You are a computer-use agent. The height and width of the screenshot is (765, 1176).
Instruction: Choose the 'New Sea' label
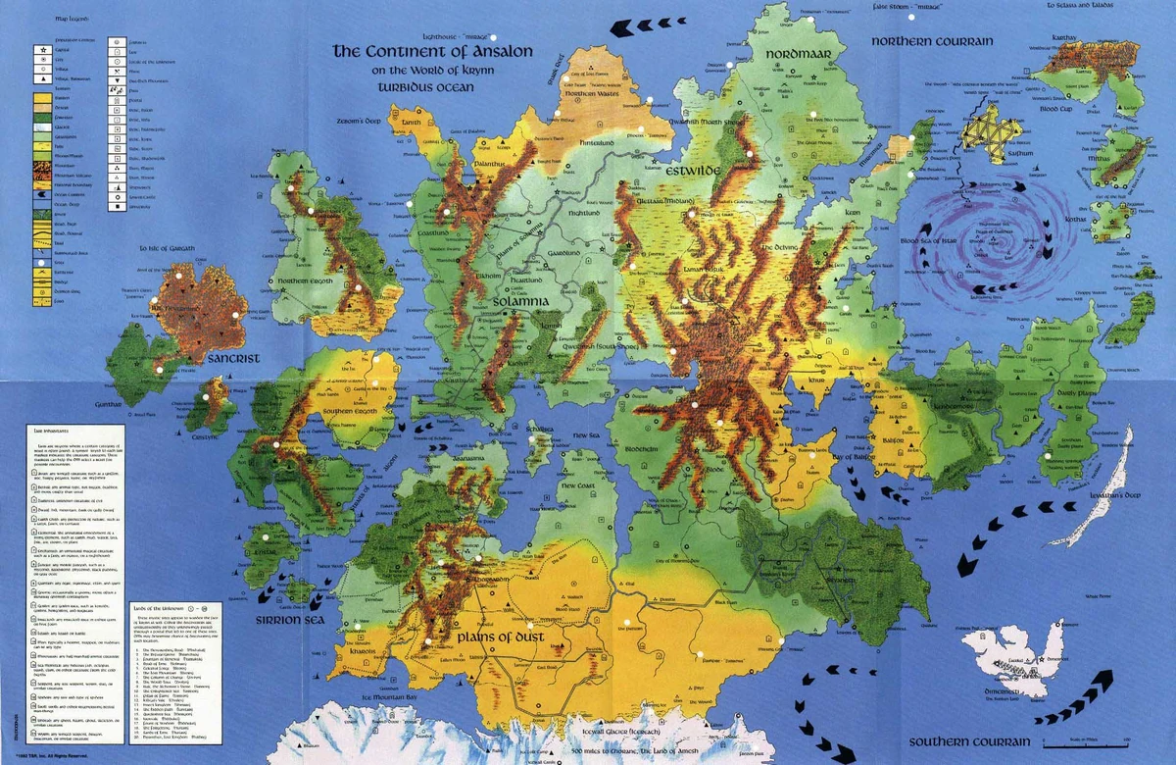point(586,434)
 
